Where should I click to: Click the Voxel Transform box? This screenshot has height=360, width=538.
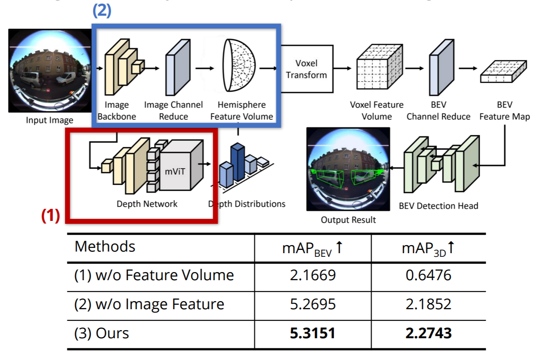coord(306,69)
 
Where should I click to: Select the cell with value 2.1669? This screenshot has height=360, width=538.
coord(313,275)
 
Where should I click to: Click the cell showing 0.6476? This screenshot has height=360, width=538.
coord(428,275)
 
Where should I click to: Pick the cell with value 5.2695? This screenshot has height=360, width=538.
coord(313,304)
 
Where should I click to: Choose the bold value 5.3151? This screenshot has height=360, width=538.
coord(313,333)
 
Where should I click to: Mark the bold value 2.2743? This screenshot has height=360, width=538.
coord(428,333)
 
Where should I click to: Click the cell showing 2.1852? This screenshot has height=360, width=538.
coord(428,304)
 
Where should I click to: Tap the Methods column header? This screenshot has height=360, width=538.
coord(105,246)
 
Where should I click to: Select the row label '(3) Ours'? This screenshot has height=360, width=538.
coord(102,333)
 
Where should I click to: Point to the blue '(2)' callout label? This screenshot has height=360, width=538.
coord(102,11)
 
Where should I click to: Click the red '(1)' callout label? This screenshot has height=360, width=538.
coord(51,216)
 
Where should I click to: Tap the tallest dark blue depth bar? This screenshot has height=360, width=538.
coord(237,161)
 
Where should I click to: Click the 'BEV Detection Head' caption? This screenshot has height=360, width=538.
coord(438,206)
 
